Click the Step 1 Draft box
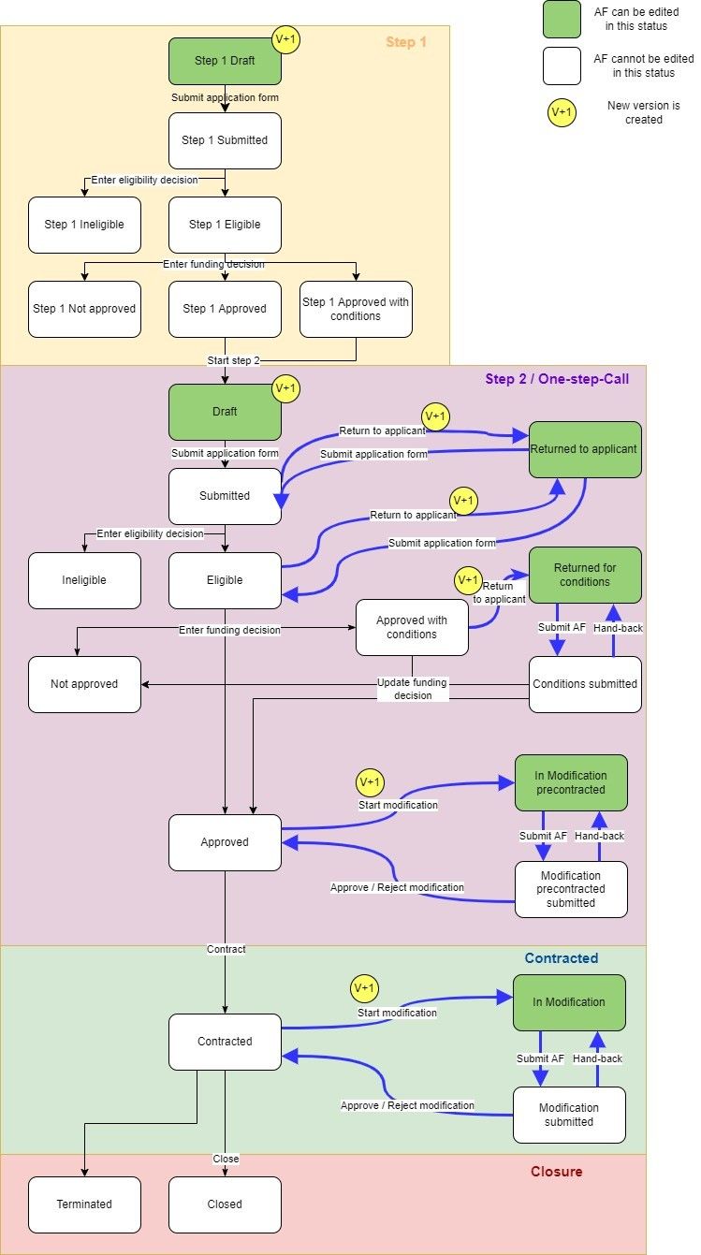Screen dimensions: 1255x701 point(225,61)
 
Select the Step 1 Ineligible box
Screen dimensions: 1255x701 point(84,225)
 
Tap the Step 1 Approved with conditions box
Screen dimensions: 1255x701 point(356,309)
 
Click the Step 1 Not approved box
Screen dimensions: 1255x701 point(84,309)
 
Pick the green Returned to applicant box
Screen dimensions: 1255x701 point(585,449)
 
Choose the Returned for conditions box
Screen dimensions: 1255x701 point(585,575)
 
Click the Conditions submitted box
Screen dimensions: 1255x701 point(585,684)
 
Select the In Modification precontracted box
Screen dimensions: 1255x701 point(571,782)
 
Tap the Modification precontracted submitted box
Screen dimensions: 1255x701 point(571,889)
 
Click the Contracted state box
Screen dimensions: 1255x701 point(225,1042)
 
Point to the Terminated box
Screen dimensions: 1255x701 point(84,1204)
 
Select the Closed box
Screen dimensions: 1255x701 point(225,1204)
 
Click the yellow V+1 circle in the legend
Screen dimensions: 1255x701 point(562,112)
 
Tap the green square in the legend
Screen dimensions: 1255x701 point(562,19)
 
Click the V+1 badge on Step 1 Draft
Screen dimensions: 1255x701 point(285,39)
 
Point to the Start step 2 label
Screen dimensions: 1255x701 point(233,361)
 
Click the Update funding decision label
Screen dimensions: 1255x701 point(412,689)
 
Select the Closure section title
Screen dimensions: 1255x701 point(556,1172)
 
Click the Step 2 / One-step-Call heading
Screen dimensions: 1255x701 point(556,379)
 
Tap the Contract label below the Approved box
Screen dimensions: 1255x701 point(226,949)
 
